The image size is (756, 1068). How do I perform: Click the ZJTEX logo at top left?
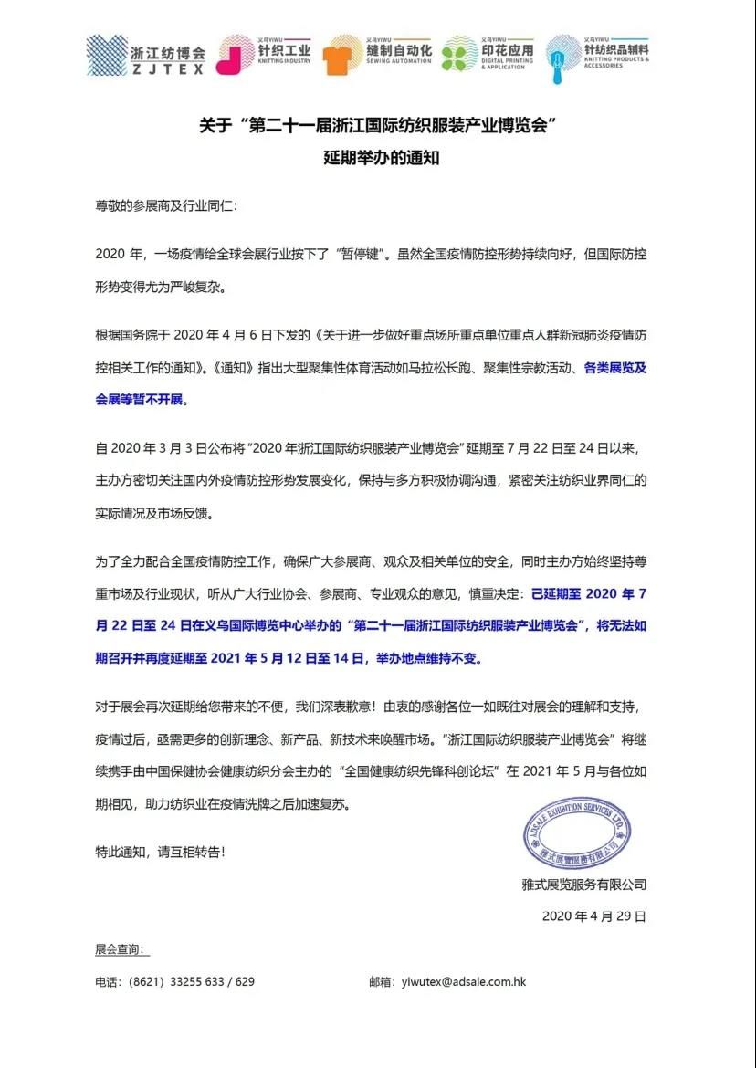point(107,55)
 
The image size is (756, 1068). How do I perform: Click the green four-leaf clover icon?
point(459,55)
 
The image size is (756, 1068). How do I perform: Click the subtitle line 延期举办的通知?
point(377,157)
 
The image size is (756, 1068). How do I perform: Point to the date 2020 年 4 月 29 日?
point(593,916)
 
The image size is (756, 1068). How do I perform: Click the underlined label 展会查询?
point(120,949)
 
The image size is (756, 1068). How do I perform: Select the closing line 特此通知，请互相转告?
point(160,852)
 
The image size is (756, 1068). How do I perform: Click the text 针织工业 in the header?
point(285,51)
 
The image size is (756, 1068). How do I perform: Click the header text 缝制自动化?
point(399,51)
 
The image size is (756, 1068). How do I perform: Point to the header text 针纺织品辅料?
point(615,51)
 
